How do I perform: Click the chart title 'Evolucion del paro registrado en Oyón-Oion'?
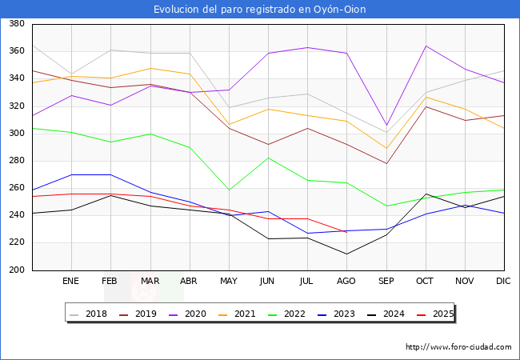click(260, 9)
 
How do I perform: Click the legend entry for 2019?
click(142, 314)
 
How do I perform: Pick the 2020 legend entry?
click(191, 314)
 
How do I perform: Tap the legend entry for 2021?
click(241, 314)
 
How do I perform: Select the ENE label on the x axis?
click(71, 282)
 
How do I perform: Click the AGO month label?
click(346, 282)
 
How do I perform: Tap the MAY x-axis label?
click(229, 282)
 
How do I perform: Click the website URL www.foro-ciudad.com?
click(458, 347)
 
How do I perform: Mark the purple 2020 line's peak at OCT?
click(426, 46)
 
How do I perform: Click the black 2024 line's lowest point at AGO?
click(346, 254)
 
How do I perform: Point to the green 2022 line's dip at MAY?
click(229, 190)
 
